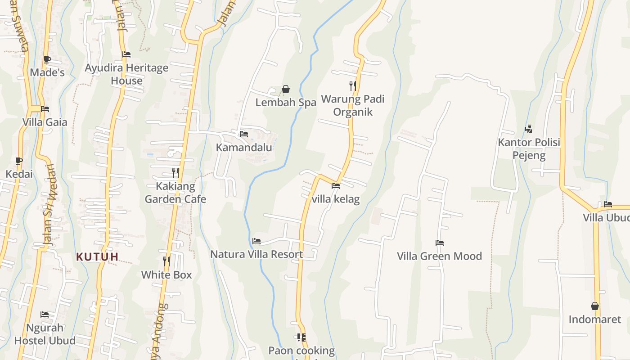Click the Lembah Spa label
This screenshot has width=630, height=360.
pyautogui.click(x=286, y=103)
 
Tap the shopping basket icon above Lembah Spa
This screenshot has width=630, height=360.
pyautogui.click(x=285, y=90)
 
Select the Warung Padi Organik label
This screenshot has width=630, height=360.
pyautogui.click(x=353, y=105)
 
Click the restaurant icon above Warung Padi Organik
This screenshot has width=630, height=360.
pyautogui.click(x=353, y=85)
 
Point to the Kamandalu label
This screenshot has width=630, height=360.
pyautogui.click(x=244, y=148)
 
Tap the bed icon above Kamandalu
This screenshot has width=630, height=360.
pyautogui.click(x=244, y=134)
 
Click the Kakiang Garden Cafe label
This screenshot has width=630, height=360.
pyautogui.click(x=175, y=193)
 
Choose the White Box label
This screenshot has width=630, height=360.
pyautogui.click(x=166, y=274)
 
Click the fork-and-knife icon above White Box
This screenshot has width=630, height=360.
pyautogui.click(x=166, y=261)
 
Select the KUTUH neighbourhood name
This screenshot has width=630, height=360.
pyautogui.click(x=97, y=257)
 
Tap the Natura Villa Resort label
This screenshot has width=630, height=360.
pyautogui.click(x=256, y=254)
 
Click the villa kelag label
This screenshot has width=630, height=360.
pyautogui.click(x=336, y=199)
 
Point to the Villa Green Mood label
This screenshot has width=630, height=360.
pyautogui.click(x=439, y=256)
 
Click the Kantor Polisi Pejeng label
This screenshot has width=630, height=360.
pyautogui.click(x=529, y=149)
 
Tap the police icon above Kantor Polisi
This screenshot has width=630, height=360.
pyautogui.click(x=528, y=129)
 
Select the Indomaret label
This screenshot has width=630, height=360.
pyautogui.click(x=594, y=319)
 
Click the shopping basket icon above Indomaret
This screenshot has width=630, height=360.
pyautogui.click(x=595, y=306)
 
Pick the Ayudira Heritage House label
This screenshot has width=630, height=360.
pyautogui.click(x=127, y=74)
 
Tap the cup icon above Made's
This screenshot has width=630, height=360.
pyautogui.click(x=47, y=59)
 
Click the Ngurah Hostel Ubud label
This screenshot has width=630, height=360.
pyautogui.click(x=45, y=334)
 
